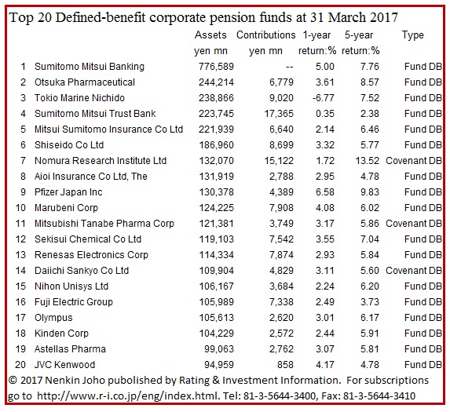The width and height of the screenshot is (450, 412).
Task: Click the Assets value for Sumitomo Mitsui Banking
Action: (x=217, y=67)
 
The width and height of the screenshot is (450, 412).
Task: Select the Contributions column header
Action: (x=265, y=35)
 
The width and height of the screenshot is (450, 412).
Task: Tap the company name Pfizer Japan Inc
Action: (x=68, y=192)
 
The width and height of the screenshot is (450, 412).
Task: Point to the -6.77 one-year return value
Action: (x=323, y=98)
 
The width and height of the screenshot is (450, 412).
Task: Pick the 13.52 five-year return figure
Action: (x=368, y=161)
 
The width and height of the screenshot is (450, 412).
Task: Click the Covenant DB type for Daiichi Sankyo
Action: (x=414, y=271)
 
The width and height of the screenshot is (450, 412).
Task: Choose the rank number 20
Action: (x=20, y=365)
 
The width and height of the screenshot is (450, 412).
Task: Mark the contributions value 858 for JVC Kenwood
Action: (x=285, y=365)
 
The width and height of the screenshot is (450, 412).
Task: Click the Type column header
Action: (x=412, y=35)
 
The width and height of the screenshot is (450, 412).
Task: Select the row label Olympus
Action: (x=53, y=318)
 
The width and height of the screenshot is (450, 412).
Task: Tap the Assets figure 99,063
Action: (x=219, y=349)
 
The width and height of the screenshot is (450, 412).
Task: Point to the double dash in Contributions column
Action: (x=290, y=67)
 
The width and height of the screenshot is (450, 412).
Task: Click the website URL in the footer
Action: (x=127, y=396)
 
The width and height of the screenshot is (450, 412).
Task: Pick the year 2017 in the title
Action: (x=383, y=18)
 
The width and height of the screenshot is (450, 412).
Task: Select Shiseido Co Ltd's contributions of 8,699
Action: (x=281, y=145)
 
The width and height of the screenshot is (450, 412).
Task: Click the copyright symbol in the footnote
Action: (x=13, y=381)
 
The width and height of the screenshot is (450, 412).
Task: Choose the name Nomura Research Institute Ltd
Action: (x=101, y=161)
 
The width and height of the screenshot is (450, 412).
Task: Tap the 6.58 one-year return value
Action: (x=325, y=192)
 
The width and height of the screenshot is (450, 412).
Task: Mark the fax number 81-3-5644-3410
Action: (x=379, y=396)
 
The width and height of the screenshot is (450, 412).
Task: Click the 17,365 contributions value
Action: (x=279, y=114)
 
